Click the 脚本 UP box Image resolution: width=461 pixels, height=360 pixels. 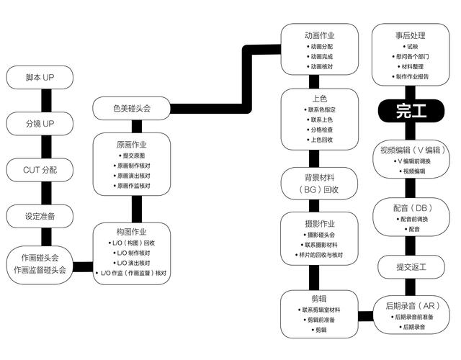click(x=40, y=76)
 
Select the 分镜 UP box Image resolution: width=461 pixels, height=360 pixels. click(x=40, y=123)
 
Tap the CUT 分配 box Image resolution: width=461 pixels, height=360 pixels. click(x=40, y=170)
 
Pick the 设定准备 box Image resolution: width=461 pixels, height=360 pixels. click(x=40, y=216)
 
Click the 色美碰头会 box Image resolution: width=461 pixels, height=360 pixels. click(x=131, y=109)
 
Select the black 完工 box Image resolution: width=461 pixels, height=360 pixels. click(x=411, y=111)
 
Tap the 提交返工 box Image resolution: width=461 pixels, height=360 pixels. click(x=411, y=267)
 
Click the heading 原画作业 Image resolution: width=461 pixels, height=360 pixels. click(x=131, y=143)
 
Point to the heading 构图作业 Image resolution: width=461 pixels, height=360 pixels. click(x=131, y=232)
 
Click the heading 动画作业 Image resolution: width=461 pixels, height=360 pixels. click(x=320, y=35)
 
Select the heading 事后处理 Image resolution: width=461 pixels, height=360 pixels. click(x=411, y=35)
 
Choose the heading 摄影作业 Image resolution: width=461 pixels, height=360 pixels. click(x=320, y=223)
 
